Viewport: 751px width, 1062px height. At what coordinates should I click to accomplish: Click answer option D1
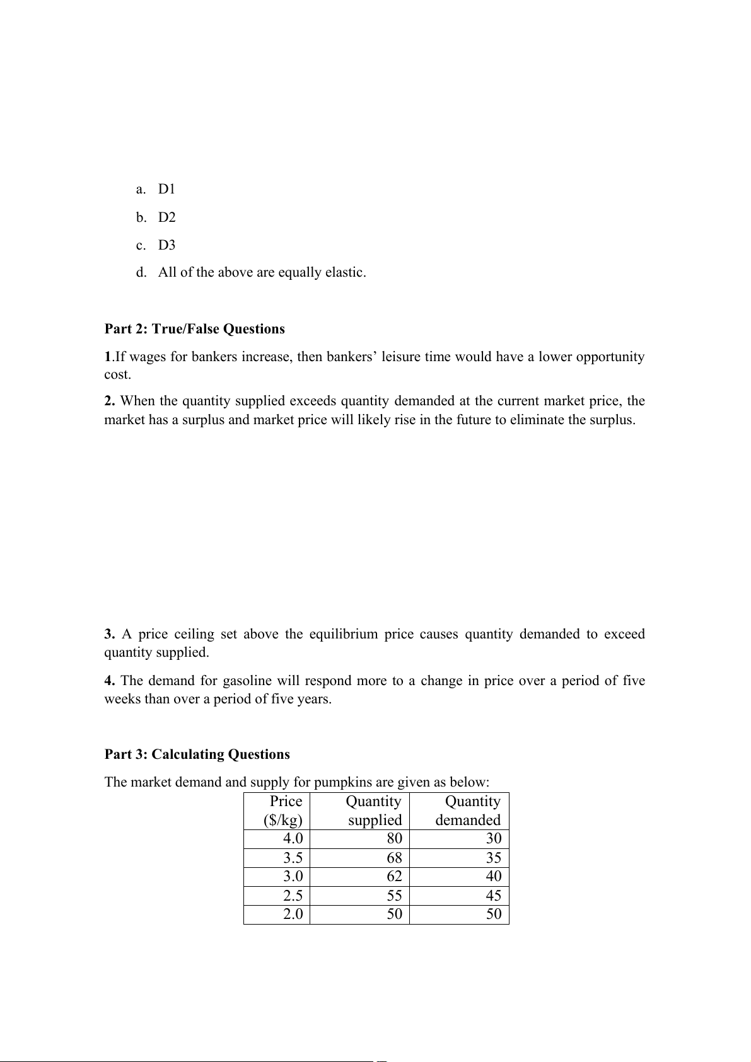click(166, 189)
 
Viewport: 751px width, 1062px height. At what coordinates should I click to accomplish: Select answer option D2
click(166, 217)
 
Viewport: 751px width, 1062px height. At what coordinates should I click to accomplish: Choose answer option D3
click(166, 245)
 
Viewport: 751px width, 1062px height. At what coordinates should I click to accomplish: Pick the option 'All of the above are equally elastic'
click(262, 273)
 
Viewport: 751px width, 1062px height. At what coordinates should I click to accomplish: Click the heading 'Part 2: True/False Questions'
click(194, 329)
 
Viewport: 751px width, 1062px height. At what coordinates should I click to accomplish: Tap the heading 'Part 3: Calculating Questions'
click(197, 754)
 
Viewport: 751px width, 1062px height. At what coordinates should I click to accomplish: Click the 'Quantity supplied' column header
click(374, 811)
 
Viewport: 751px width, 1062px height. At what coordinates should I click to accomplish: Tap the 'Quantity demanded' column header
click(469, 811)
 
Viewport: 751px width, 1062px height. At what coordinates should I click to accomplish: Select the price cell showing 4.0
click(293, 839)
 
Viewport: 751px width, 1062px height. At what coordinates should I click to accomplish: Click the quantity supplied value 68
click(394, 858)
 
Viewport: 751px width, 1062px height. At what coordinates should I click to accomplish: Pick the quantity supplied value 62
click(394, 877)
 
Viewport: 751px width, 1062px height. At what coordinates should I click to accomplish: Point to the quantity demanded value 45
click(494, 896)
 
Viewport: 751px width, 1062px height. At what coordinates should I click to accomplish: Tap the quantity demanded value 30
click(494, 839)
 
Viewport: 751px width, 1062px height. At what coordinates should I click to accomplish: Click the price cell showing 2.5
click(293, 896)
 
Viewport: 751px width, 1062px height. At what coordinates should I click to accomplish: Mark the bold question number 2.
click(110, 401)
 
